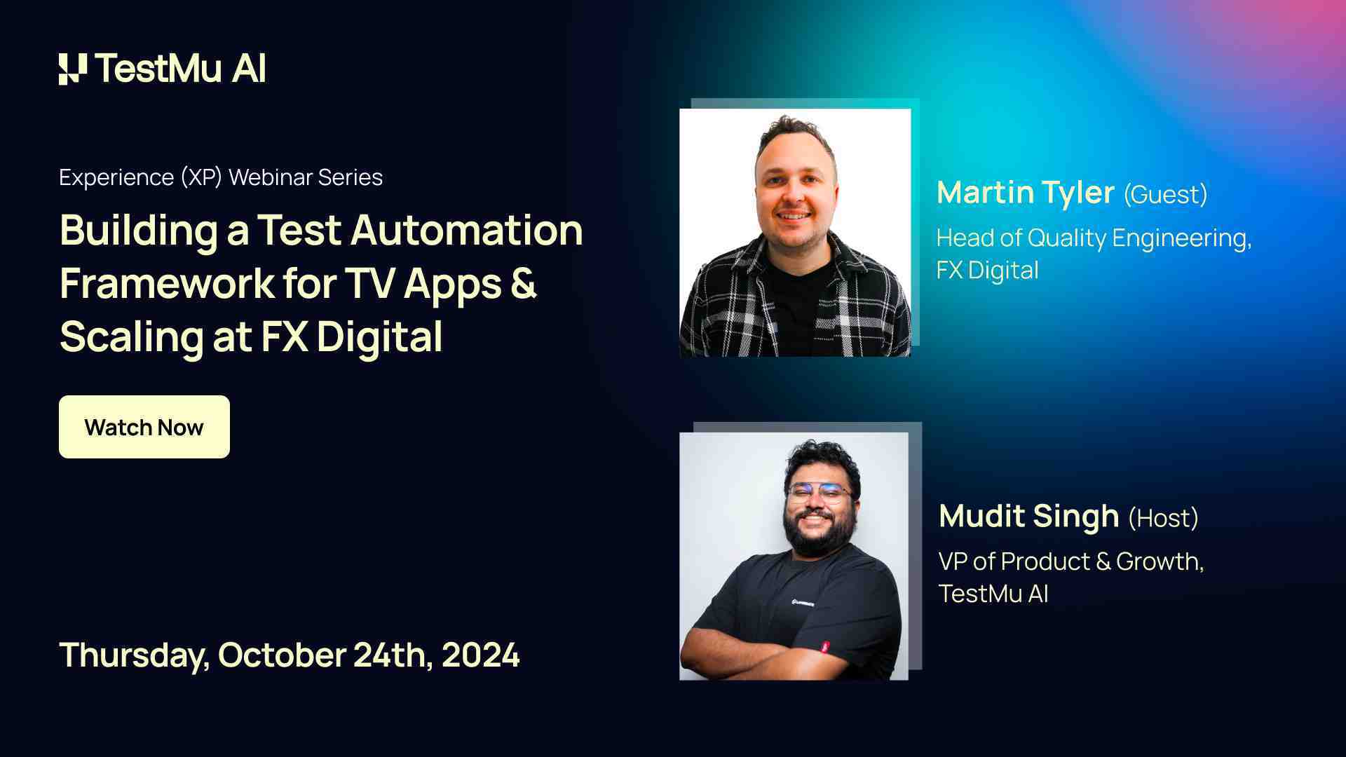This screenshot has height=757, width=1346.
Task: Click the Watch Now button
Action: click(x=144, y=427)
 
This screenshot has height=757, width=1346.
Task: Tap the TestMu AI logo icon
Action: click(x=73, y=69)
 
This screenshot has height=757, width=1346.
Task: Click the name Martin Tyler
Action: click(x=1025, y=192)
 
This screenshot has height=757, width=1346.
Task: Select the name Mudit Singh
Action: click(x=1028, y=516)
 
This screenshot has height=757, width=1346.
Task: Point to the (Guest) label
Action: click(x=1165, y=194)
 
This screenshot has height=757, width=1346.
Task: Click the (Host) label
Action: click(x=1163, y=518)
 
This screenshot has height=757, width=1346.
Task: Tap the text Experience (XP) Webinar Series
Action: click(x=221, y=177)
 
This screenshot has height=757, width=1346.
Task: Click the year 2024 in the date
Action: click(x=480, y=655)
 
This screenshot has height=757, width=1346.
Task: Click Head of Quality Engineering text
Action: click(x=1094, y=238)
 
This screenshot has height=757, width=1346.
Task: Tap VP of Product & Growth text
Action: click(x=1070, y=561)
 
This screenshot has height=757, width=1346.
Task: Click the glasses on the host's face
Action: click(x=819, y=493)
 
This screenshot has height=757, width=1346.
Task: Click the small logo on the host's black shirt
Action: click(x=803, y=602)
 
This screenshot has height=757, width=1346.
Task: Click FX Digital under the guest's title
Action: click(x=987, y=270)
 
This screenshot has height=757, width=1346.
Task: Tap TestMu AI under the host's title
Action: click(x=993, y=594)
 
